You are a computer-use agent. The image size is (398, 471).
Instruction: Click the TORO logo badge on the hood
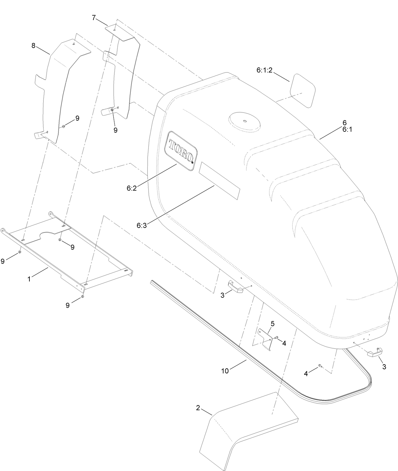pyautogui.click(x=181, y=151)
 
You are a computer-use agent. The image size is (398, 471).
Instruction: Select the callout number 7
pyautogui.click(x=94, y=18)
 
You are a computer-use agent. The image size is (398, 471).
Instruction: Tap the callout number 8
pyautogui.click(x=33, y=45)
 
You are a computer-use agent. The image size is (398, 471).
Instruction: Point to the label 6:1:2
pyautogui.click(x=264, y=70)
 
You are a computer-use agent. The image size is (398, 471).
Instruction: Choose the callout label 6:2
pyautogui.click(x=132, y=188)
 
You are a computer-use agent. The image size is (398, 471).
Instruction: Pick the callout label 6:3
pyautogui.click(x=142, y=225)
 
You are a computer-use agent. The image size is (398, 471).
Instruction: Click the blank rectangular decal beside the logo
pyautogui.click(x=219, y=181)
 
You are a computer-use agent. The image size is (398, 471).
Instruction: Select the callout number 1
pyautogui.click(x=29, y=279)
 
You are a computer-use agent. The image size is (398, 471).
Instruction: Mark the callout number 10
pyautogui.click(x=225, y=371)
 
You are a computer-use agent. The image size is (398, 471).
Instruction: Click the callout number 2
pyautogui.click(x=198, y=408)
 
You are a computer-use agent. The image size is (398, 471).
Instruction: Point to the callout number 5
pyautogui.click(x=272, y=323)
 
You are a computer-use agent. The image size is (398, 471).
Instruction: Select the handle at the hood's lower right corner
pyautogui.click(x=375, y=352)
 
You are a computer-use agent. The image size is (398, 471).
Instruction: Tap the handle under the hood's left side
pyautogui.click(x=236, y=287)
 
